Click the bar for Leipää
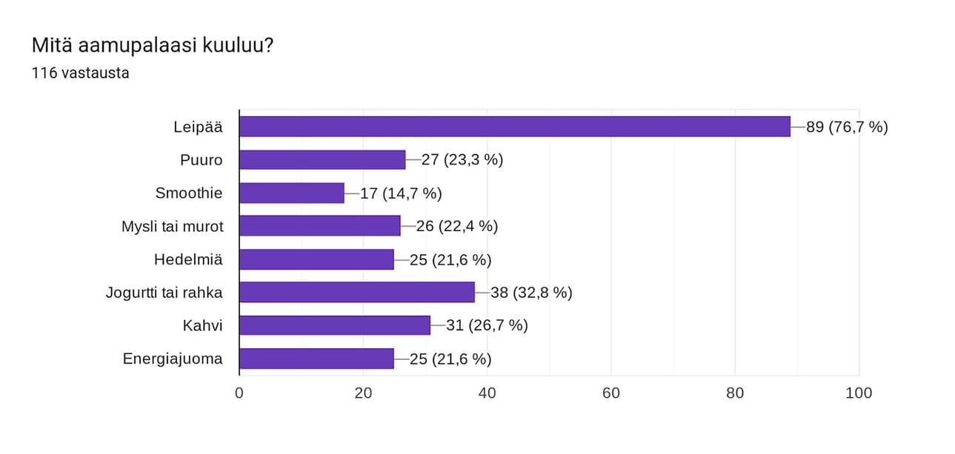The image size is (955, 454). point(515,127)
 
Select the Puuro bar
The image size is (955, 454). point(322,160)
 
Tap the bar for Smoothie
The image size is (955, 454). point(292,193)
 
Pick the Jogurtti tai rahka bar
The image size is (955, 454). point(357,293)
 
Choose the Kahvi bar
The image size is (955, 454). point(335,325)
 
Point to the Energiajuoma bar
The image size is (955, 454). point(316,358)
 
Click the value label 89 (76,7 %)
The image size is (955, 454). point(847,127)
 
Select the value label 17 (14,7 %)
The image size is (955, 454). point(401,193)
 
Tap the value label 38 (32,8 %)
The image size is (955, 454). point(531,293)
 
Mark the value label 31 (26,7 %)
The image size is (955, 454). point(487,325)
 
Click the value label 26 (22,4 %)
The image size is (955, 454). point(456,226)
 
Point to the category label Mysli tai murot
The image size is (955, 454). point(172,226)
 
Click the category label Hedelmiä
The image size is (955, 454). point(188,259)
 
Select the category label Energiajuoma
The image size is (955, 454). point(173,358)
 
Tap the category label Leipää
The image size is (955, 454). point(198,127)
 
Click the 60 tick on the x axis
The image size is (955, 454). point(611,393)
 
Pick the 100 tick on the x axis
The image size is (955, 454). point(859,393)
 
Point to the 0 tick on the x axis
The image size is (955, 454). point(239,393)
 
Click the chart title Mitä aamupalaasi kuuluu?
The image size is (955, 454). point(153,46)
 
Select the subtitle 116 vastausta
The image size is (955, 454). point(81,73)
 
